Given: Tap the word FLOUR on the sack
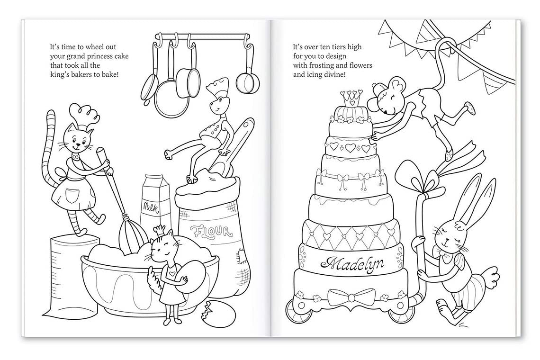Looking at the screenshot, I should (x=211, y=232).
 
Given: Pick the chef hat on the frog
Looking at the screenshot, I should (x=219, y=90).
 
